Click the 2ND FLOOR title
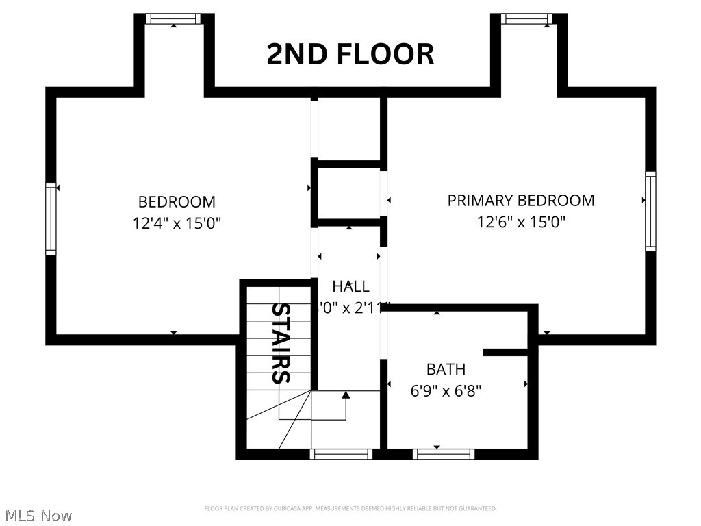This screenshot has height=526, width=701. [350, 54]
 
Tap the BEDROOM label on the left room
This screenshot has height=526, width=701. [177, 202]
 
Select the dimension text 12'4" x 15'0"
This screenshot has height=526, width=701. [177, 223]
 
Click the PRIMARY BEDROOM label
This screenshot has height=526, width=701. [521, 201]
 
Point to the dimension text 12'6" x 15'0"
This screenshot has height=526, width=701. [521, 222]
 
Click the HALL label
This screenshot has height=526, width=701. [350, 286]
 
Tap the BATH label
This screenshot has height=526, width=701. [446, 369]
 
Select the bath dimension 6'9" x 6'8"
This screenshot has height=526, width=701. [446, 390]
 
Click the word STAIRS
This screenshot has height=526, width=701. [281, 342]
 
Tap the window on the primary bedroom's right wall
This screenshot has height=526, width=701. [650, 211]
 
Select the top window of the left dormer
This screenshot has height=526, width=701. [174, 18]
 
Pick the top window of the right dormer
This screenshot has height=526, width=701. [526, 18]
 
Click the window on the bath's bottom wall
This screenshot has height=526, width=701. [444, 453]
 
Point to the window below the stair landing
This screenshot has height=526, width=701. [341, 453]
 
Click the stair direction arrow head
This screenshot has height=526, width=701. [346, 394]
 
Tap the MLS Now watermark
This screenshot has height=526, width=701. [38, 515]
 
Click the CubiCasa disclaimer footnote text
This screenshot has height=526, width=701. [350, 508]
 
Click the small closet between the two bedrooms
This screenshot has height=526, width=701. [349, 194]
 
